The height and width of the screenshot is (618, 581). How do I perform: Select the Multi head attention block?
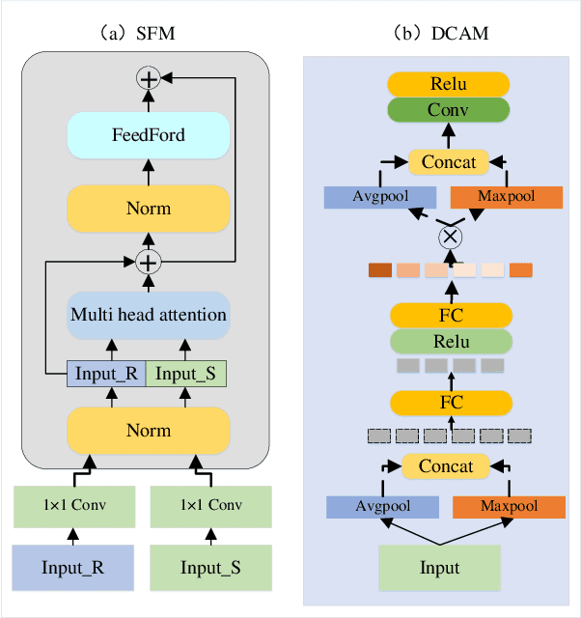pyautogui.click(x=148, y=315)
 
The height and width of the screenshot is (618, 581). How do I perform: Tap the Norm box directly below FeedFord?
pyautogui.click(x=148, y=209)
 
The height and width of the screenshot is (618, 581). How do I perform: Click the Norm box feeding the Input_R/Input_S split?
pyautogui.click(x=148, y=431)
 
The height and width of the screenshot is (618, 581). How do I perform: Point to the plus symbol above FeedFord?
pyautogui.click(x=148, y=79)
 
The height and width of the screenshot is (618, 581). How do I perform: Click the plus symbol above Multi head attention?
pyautogui.click(x=148, y=261)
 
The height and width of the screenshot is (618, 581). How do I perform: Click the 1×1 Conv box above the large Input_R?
pyautogui.click(x=75, y=506)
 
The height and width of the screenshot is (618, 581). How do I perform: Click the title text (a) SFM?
pyautogui.click(x=145, y=33)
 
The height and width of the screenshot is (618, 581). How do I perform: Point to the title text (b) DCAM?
pyautogui.click(x=443, y=33)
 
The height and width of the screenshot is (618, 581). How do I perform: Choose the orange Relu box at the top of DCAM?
pyautogui.click(x=449, y=84)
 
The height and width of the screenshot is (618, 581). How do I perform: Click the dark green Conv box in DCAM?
pyautogui.click(x=449, y=110)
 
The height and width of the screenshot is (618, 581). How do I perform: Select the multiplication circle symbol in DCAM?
pyautogui.click(x=449, y=237)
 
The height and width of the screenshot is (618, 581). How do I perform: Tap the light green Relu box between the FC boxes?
pyautogui.click(x=449, y=341)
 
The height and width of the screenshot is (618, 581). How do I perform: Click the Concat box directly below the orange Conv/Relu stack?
pyautogui.click(x=449, y=162)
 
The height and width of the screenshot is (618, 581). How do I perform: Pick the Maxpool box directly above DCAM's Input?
pyautogui.click(x=509, y=506)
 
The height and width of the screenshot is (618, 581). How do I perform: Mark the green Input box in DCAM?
pyautogui.click(x=439, y=568)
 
